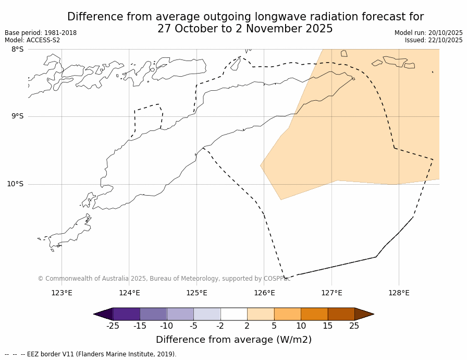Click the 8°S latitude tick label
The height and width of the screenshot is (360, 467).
tap(17, 49)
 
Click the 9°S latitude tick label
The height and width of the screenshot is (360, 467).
tap(17, 116)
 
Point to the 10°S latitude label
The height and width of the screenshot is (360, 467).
tap(15, 184)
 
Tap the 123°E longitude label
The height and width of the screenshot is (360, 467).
tap(62, 293)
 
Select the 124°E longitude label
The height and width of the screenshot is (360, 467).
tap(129, 293)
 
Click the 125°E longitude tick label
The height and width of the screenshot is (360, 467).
tap(196, 293)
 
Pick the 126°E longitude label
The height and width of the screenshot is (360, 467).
tap(264, 293)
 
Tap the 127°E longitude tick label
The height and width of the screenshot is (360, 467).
tap(331, 293)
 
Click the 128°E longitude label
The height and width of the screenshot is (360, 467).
tap(399, 293)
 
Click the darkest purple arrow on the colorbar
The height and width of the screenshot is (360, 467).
tap(104, 314)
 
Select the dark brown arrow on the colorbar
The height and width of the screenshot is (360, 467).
tap(364, 314)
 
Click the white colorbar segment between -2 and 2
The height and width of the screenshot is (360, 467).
tap(233, 314)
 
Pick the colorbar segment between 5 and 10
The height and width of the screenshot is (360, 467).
tap(287, 314)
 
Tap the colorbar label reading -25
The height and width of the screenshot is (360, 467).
tap(112, 326)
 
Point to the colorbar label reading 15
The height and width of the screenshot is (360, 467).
tap(327, 326)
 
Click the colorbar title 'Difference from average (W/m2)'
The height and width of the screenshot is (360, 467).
tap(233, 340)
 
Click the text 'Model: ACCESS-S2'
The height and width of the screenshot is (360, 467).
tap(32, 40)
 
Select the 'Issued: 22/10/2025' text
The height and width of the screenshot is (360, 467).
tap(434, 40)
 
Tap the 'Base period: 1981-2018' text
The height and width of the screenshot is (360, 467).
tap(41, 33)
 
